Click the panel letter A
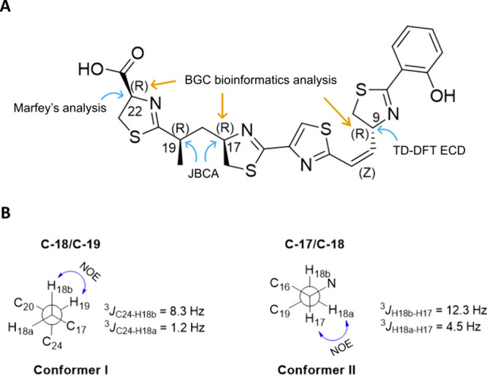[8, 8]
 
